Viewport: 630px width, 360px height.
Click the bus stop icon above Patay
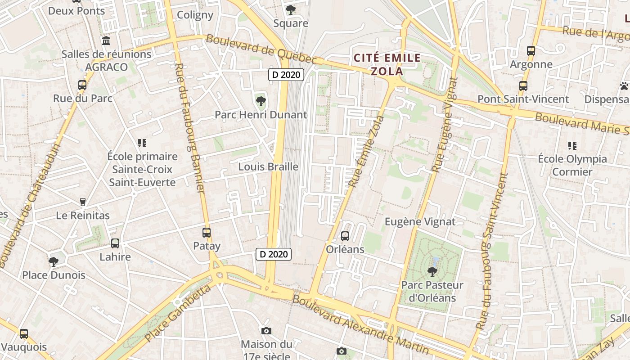pyautogui.click(x=207, y=233)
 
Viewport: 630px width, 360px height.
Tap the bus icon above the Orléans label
pyautogui.click(x=345, y=236)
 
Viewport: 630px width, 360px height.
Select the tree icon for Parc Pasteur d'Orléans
pyautogui.click(x=432, y=271)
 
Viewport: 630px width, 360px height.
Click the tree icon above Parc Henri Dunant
pyautogui.click(x=261, y=101)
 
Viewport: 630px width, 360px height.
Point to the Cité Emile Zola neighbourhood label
pyautogui.click(x=387, y=64)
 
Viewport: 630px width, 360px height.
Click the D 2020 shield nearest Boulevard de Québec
pyautogui.click(x=286, y=75)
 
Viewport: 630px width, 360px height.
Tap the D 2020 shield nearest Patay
pyautogui.click(x=274, y=254)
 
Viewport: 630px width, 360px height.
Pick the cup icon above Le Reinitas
pyautogui.click(x=83, y=202)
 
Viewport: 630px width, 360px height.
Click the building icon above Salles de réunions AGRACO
pyautogui.click(x=106, y=41)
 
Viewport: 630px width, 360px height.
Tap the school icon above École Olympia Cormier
pyautogui.click(x=572, y=145)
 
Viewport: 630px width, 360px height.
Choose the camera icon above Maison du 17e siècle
pyautogui.click(x=266, y=331)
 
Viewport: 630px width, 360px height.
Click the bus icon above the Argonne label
pyautogui.click(x=531, y=51)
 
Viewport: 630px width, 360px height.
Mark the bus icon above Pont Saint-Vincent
pyautogui.click(x=523, y=85)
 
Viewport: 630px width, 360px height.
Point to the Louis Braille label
pyautogui.click(x=268, y=166)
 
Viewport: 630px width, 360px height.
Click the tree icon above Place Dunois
pyautogui.click(x=54, y=261)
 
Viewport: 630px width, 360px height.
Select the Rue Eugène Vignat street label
pyautogui.click(x=445, y=125)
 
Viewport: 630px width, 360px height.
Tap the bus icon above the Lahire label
pyautogui.click(x=115, y=243)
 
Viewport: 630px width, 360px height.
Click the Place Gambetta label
pyautogui.click(x=179, y=313)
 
